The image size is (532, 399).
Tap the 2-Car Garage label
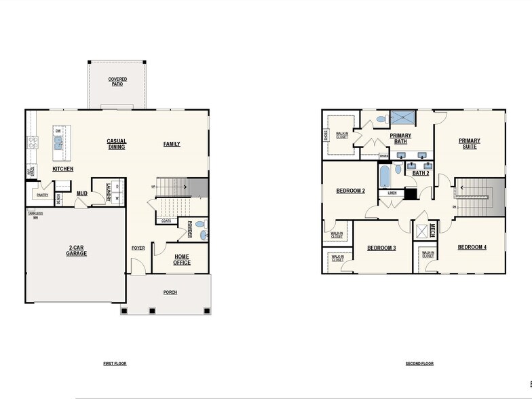pos(76,251)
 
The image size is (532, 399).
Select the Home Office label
pos(181,259)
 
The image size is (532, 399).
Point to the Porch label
pos(170,292)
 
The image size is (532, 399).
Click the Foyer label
pos(138,248)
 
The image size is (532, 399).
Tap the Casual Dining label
pos(117,144)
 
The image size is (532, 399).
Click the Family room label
pos(172,144)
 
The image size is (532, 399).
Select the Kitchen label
pos(63,169)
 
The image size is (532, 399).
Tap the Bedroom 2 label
pos(351,191)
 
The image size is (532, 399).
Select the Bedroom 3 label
pos(381,248)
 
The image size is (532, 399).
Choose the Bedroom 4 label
pos(472,247)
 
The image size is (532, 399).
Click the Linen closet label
pos(392,193)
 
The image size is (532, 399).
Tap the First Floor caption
pos(115,364)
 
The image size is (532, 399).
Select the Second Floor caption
pos(419,364)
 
